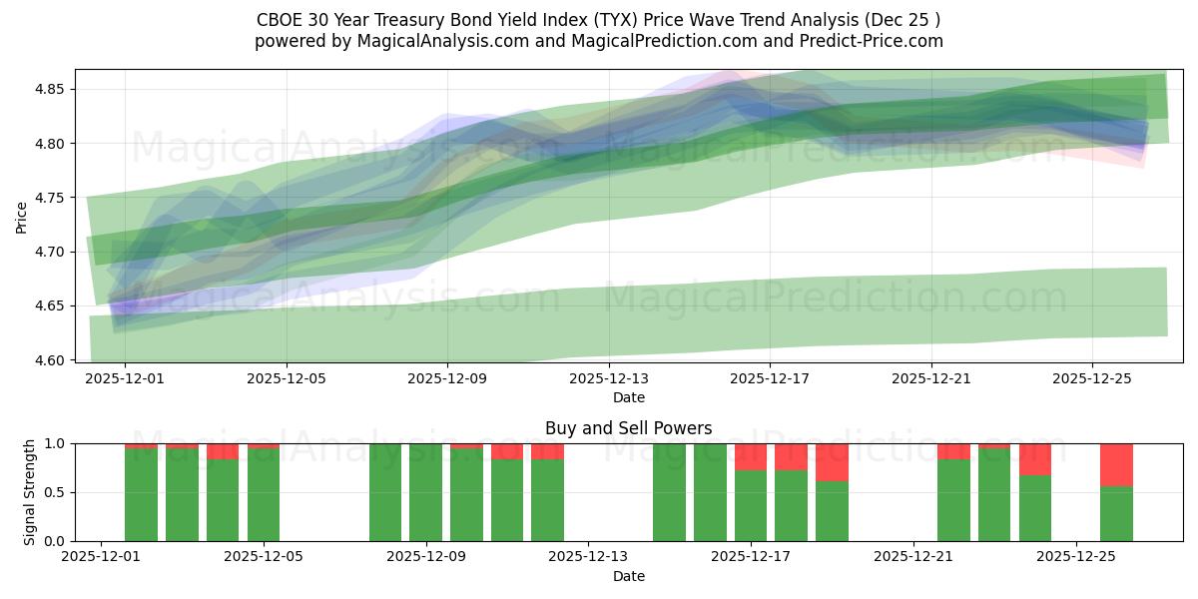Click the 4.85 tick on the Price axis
point(50,90)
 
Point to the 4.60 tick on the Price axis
point(50,359)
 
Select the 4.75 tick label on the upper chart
point(50,198)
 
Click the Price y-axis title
point(22,216)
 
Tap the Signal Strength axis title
point(30,491)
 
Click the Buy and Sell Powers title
point(628,428)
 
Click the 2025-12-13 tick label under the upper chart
point(608,379)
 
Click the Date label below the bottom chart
point(628,576)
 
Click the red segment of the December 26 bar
point(1116,464)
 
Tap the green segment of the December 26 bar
point(1116,513)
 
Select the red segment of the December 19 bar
point(832,462)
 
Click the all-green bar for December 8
point(385,492)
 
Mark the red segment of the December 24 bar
point(1035,459)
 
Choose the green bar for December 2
point(141,494)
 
